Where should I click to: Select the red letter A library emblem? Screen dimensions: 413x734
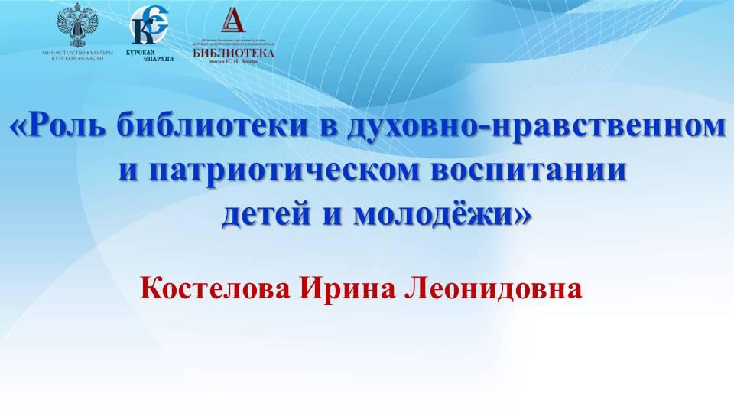click(x=232, y=21)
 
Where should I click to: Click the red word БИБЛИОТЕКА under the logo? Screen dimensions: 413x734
click(x=233, y=52)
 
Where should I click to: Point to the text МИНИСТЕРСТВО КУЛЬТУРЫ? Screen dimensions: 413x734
click(x=78, y=53)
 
